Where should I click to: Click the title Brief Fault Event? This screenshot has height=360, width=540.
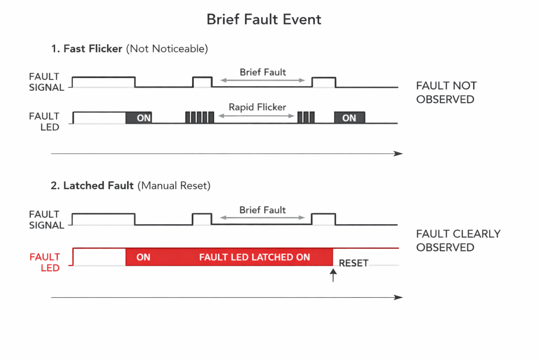pyautogui.click(x=264, y=19)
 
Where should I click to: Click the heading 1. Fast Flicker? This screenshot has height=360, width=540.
pyautogui.click(x=87, y=49)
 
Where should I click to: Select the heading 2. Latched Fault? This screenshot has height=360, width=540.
pyautogui.click(x=92, y=185)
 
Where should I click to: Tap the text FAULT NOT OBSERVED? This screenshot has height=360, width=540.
pyautogui.click(x=446, y=92)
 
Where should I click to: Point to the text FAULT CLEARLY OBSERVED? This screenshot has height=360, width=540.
pyautogui.click(x=458, y=240)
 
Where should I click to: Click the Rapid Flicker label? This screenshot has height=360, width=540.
pyautogui.click(x=257, y=107)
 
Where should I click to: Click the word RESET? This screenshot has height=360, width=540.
pyautogui.click(x=353, y=263)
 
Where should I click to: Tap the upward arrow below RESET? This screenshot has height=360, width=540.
pyautogui.click(x=333, y=275)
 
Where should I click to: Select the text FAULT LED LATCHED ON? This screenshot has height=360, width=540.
pyautogui.click(x=255, y=257)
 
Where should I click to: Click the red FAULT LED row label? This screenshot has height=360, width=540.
pyautogui.click(x=45, y=262)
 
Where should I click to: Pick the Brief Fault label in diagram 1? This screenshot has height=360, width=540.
pyautogui.click(x=263, y=72)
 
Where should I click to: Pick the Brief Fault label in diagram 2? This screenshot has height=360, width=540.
pyautogui.click(x=262, y=210)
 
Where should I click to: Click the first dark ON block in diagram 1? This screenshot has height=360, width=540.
pyautogui.click(x=139, y=118)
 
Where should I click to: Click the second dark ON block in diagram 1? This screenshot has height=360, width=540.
pyautogui.click(x=349, y=118)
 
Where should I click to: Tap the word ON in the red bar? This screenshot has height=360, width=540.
pyautogui.click(x=143, y=257)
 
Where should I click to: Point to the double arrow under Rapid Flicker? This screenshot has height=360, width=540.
pyautogui.click(x=256, y=116)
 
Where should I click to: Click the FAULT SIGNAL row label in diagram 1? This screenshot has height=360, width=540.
pyautogui.click(x=46, y=82)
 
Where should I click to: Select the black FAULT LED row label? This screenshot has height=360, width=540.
pyautogui.click(x=44, y=122)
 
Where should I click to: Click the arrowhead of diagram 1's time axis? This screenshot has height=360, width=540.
pyautogui.click(x=398, y=153)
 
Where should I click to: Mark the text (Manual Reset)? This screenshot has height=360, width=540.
pyautogui.click(x=174, y=185)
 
